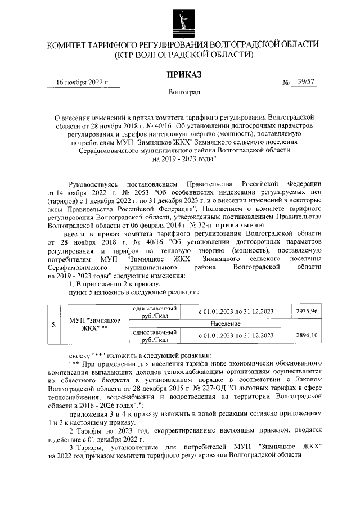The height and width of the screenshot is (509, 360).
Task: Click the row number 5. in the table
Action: pos(53,325)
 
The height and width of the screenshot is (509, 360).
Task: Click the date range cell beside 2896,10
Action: pos(236,336)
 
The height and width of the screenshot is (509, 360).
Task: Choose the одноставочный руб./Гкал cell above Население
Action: pos(154,313)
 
